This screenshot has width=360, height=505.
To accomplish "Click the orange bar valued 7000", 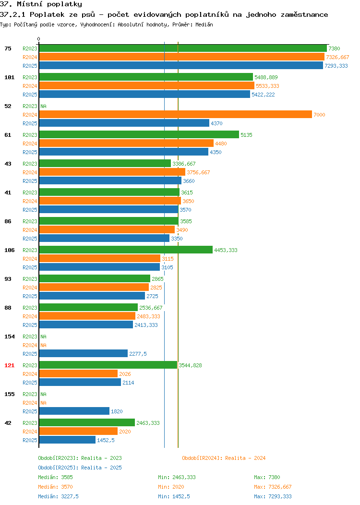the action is (x=176, y=114).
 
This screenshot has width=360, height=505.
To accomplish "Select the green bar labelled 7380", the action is (x=183, y=48).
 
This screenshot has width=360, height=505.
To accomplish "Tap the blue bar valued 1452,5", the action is (x=67, y=440).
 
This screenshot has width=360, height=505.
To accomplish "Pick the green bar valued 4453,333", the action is (x=126, y=250).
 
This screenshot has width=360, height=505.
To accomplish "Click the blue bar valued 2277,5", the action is (x=84, y=353).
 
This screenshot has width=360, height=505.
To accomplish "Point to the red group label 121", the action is (x=9, y=365).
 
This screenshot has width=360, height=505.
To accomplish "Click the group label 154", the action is (x=9, y=337).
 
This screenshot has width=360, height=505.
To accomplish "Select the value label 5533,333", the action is (x=267, y=86).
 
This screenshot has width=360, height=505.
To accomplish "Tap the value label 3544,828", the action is (x=190, y=365).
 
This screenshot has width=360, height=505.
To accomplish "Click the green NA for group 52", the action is (x=44, y=106).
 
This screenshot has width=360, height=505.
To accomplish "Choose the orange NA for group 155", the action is (x=44, y=403).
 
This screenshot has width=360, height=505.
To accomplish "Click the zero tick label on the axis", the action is (x=39, y=39).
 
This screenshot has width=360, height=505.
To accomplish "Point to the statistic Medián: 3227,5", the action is (x=58, y=496).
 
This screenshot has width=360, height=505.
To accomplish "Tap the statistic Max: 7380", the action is (x=267, y=477).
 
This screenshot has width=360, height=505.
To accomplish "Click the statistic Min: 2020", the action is (x=171, y=487).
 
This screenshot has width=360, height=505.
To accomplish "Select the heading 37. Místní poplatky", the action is (x=41, y=4).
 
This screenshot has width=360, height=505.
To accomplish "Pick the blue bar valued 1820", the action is (x=74, y=411).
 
